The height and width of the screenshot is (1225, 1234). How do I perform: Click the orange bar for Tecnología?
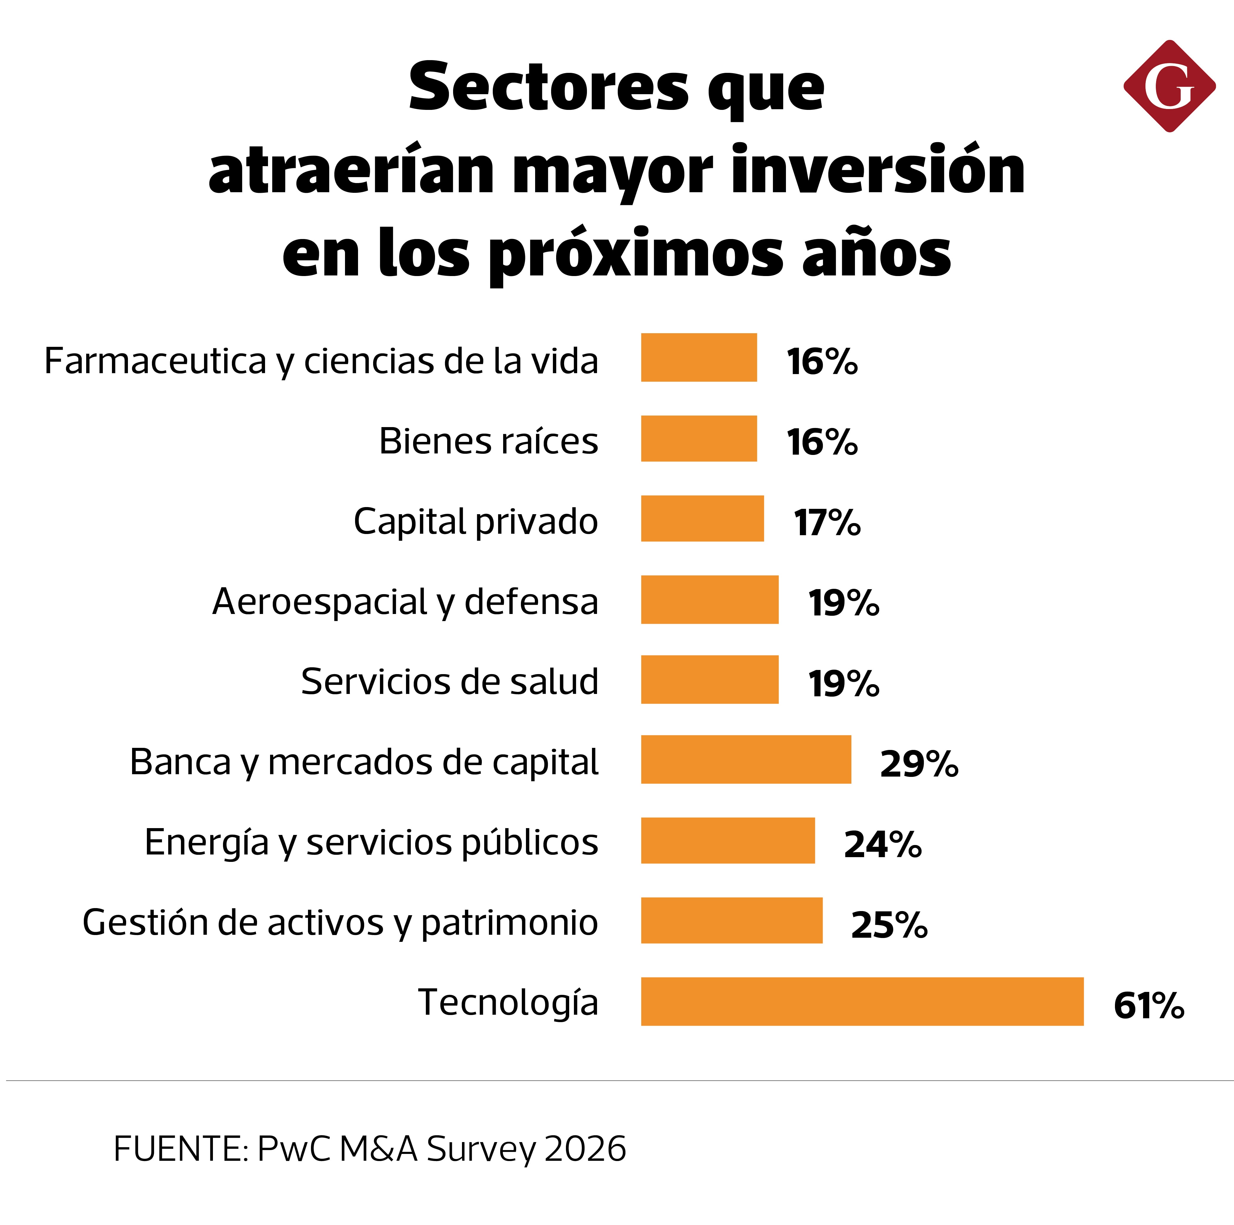point(862,1001)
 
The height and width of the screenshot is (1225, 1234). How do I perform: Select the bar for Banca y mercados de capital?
point(746,759)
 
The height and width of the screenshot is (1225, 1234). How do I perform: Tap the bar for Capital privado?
point(703,519)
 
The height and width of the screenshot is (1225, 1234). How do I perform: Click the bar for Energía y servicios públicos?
point(728,841)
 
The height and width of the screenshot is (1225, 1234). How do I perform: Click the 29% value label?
point(919,764)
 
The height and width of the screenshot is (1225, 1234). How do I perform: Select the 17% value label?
point(827,523)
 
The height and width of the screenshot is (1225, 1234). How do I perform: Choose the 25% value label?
point(889,925)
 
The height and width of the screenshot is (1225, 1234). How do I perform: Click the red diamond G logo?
point(1169,86)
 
